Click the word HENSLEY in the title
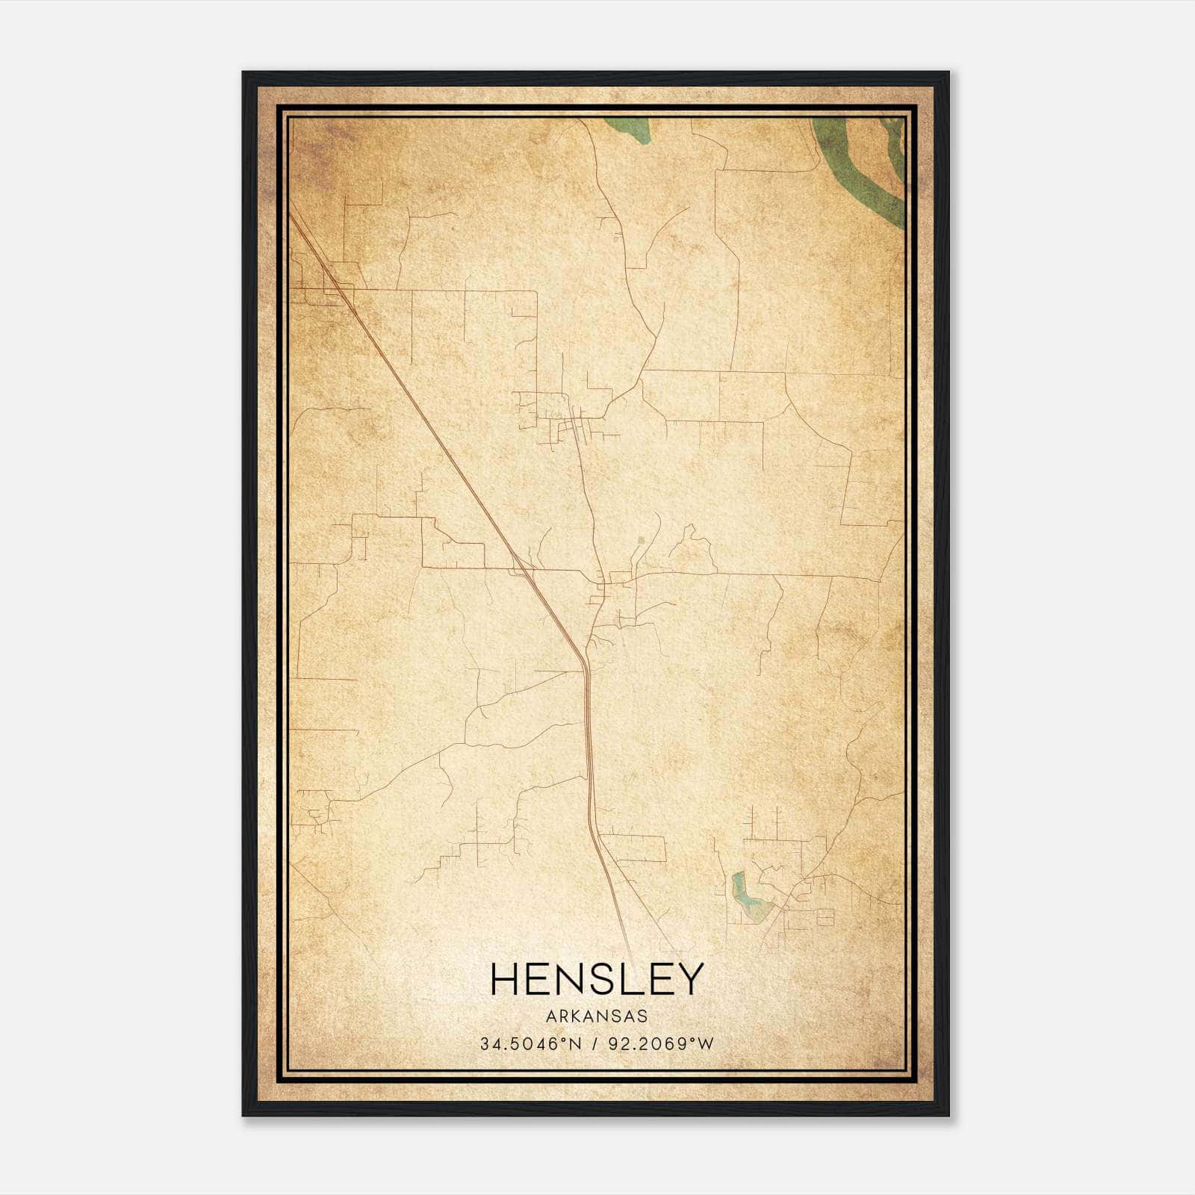(597, 978)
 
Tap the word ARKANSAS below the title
(597, 1016)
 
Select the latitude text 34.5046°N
(530, 1044)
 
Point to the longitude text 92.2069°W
(662, 1044)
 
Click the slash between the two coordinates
(595, 1044)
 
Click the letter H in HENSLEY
(505, 978)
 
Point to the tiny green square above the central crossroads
(640, 538)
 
